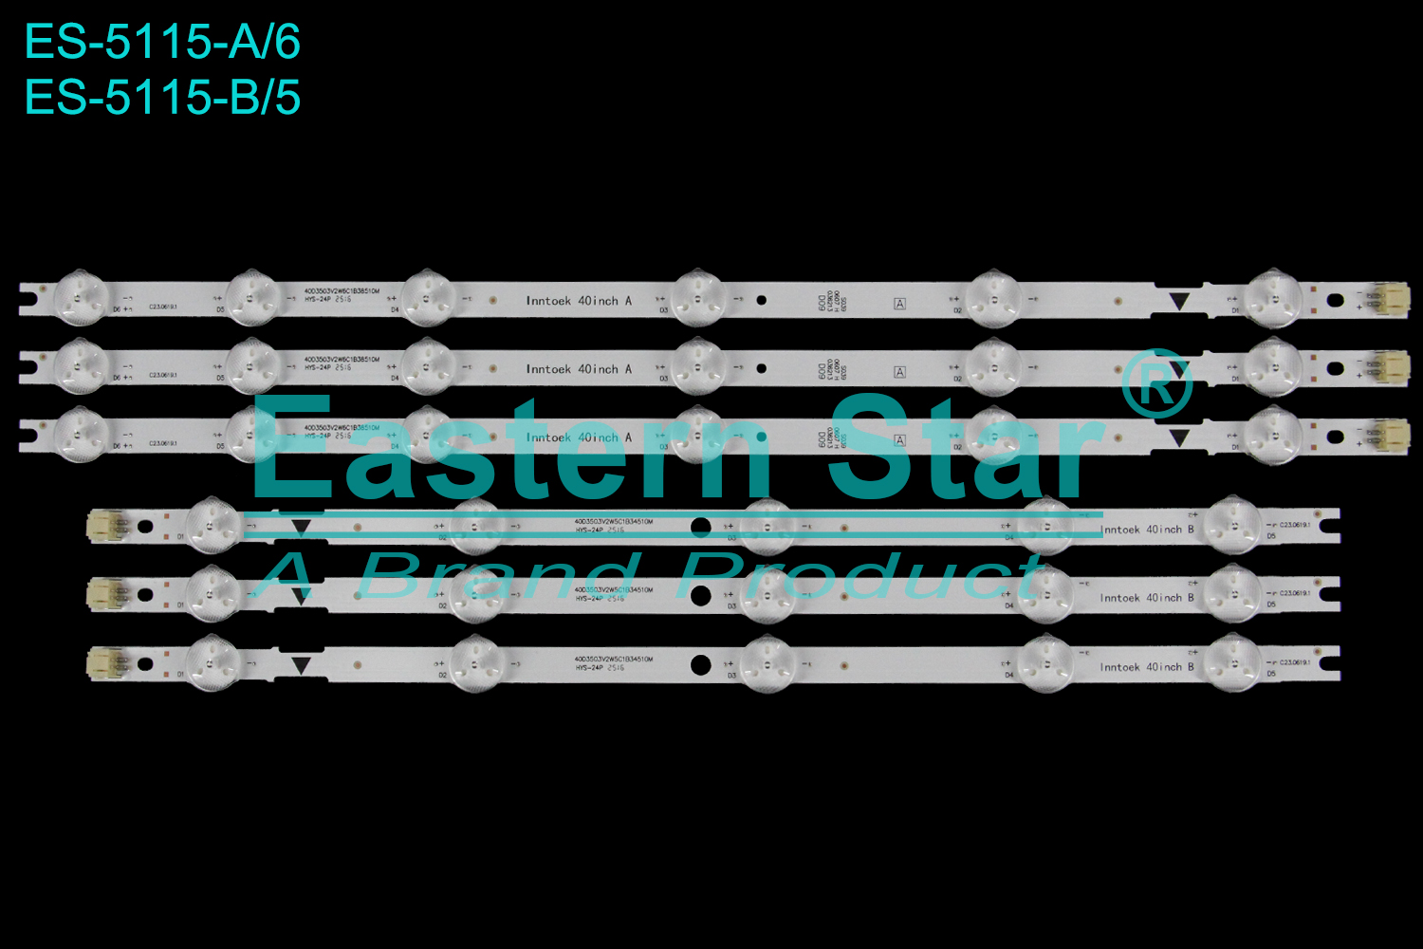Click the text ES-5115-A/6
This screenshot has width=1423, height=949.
(x=162, y=43)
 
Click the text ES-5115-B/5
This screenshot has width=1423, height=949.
(x=162, y=98)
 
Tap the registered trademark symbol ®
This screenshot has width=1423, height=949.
(x=1155, y=384)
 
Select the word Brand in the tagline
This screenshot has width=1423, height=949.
(x=498, y=575)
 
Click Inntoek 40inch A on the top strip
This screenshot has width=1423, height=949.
(x=579, y=301)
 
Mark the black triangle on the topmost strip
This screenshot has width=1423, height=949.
(x=1178, y=301)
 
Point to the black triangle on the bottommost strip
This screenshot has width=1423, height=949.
(x=301, y=665)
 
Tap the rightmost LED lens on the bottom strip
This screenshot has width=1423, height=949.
(x=1232, y=662)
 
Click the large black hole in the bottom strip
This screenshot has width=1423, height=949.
(x=701, y=664)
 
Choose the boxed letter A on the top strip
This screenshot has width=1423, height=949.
(x=899, y=304)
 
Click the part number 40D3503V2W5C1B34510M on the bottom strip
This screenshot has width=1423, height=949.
(x=613, y=659)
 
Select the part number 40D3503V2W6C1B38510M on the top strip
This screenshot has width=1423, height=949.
(x=342, y=291)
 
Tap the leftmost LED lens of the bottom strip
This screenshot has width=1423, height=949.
(x=212, y=662)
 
